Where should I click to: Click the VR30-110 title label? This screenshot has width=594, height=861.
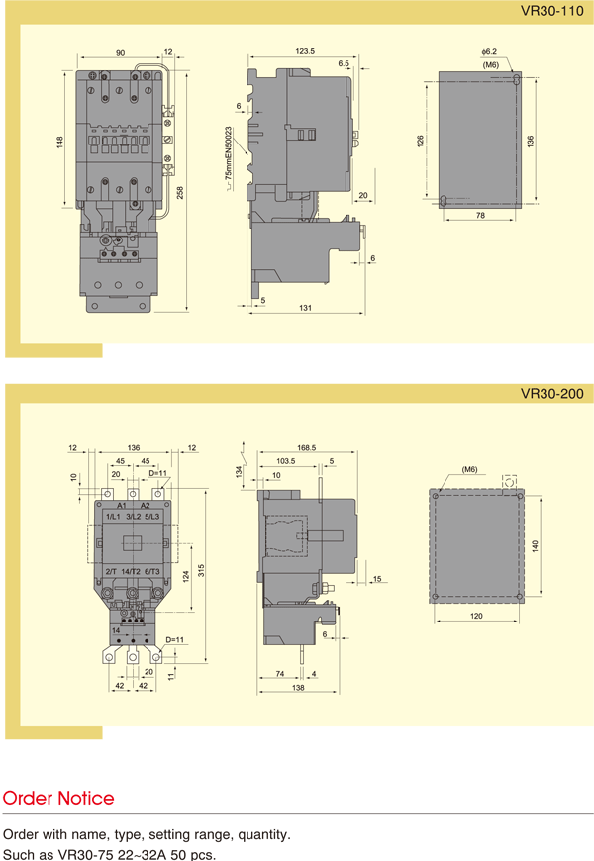(x=551, y=11)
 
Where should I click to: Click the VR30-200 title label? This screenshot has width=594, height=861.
(x=551, y=394)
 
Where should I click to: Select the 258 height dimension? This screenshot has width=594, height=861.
(x=180, y=193)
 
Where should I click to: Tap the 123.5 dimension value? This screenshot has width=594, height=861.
(x=305, y=51)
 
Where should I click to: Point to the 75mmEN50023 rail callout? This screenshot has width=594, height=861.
(x=229, y=152)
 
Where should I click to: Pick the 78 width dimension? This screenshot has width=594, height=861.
(x=480, y=216)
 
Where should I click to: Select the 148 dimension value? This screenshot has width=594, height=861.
(x=59, y=143)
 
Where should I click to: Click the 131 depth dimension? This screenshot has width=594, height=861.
(x=306, y=308)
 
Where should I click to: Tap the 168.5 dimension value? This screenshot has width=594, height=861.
(x=307, y=448)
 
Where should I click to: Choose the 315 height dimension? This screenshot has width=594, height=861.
(x=201, y=571)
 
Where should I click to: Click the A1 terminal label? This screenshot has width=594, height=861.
(x=122, y=505)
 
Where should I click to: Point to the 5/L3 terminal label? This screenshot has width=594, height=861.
(x=152, y=517)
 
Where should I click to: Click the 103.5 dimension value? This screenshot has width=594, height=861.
(x=286, y=461)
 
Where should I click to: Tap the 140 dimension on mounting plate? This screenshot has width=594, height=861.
(x=536, y=546)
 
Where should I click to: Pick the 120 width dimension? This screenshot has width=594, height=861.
(x=476, y=616)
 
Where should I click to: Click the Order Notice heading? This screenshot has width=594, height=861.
(x=58, y=798)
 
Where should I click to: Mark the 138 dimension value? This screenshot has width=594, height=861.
(x=298, y=688)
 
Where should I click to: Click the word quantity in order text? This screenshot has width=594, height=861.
(x=262, y=835)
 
